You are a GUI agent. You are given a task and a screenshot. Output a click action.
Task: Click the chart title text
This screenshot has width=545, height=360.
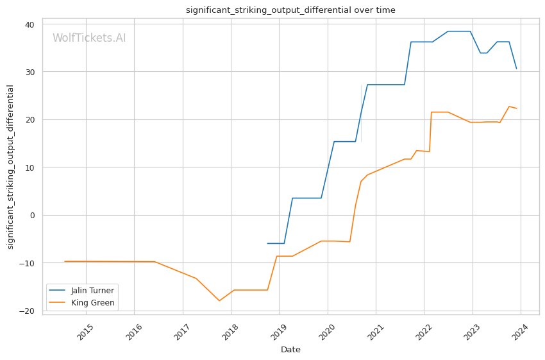tap(290, 10)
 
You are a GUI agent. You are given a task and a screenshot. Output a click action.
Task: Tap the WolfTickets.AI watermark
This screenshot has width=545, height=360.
tap(89, 38)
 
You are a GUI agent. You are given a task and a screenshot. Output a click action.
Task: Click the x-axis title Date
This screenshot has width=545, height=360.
tap(290, 350)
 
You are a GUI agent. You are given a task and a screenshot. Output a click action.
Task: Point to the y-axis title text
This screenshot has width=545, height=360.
tap(10, 167)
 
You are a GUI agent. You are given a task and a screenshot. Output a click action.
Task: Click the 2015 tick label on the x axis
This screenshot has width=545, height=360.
tap(85, 332)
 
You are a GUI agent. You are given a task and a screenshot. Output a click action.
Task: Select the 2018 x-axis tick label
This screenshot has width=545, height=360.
tap(230, 332)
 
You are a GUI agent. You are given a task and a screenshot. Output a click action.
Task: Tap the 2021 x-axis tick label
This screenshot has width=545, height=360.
tap(375, 332)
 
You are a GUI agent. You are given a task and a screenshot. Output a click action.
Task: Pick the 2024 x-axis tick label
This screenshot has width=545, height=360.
tap(521, 332)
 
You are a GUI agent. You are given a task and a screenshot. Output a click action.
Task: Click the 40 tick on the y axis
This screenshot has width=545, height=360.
tap(29, 24)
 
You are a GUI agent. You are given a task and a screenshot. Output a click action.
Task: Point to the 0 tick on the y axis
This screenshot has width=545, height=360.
tap(32, 216)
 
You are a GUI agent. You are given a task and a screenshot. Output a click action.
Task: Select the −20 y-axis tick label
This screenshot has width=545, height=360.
tap(27, 311)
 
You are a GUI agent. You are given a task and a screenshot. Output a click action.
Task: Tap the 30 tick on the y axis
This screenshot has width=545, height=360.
tap(29, 72)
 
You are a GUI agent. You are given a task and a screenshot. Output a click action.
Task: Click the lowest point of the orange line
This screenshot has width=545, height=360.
tap(219, 300)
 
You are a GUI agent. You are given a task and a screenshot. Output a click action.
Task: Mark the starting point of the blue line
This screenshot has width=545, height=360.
tap(267, 243)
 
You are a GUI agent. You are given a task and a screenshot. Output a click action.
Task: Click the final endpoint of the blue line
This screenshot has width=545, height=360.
tap(517, 69)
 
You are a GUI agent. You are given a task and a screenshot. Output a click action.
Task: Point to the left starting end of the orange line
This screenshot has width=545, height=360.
tap(65, 261)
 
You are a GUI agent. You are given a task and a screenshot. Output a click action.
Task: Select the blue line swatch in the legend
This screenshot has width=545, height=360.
tap(57, 291)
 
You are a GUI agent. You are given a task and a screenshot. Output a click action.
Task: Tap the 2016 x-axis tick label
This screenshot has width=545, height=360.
tap(133, 332)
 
